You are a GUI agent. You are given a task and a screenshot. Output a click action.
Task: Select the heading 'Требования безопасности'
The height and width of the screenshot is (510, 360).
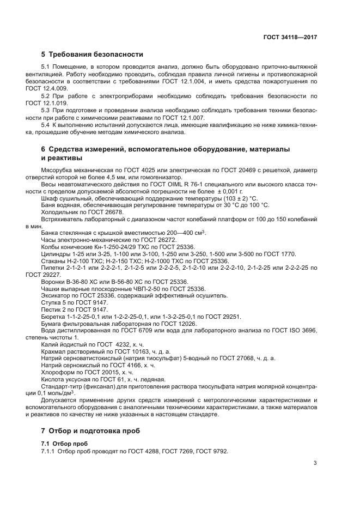[96, 54]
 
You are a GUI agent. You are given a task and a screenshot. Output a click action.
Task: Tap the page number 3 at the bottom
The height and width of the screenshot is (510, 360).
[315, 463]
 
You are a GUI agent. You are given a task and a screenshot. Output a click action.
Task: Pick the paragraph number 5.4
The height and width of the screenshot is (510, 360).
[46, 124]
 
